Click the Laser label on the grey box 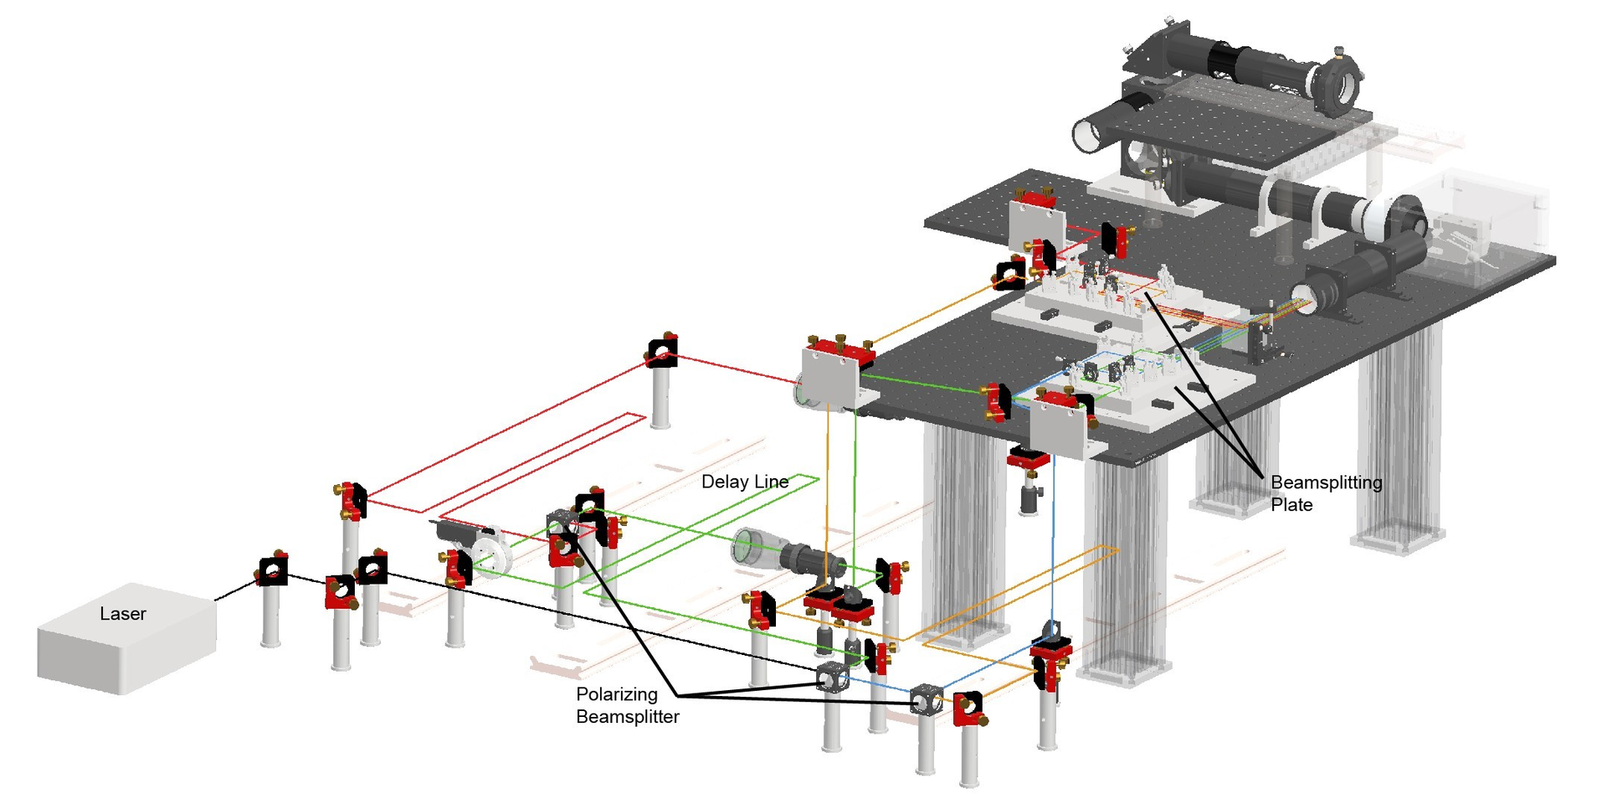click(x=122, y=614)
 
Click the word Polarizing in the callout click(x=616, y=694)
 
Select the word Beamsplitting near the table click(x=1326, y=482)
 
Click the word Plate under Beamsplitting click(x=1291, y=505)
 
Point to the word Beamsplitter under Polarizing click(x=627, y=717)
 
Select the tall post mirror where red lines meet click(x=662, y=352)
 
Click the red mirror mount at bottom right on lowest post click(x=968, y=709)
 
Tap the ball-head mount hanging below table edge click(x=1028, y=494)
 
